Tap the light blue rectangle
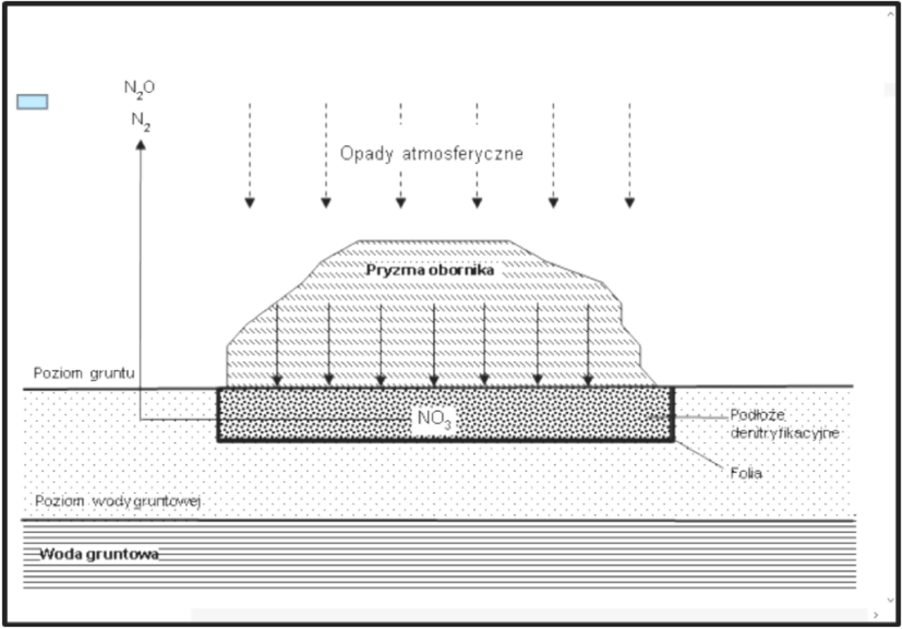coord(32,102)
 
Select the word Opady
coord(366,154)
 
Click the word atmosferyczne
coord(463,154)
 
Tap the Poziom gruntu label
coord(84,373)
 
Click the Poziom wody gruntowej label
coord(118,501)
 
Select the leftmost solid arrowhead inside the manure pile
coord(277,380)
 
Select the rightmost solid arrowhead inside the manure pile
coord(588,380)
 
